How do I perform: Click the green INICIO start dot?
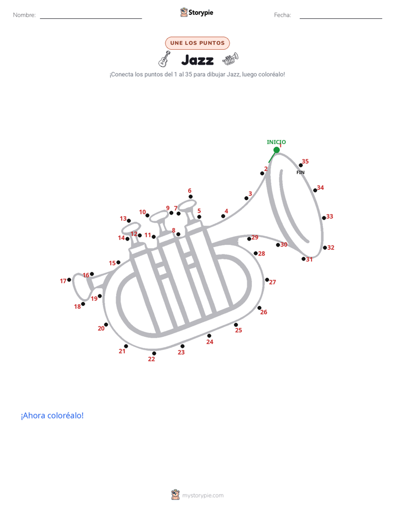[277, 150]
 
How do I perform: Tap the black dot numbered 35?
[300, 165]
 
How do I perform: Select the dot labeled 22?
[154, 353]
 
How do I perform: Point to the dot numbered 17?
[69, 280]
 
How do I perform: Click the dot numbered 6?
[190, 196]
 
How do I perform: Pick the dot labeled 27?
[267, 280]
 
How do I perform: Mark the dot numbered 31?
[303, 259]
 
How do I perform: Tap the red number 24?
[210, 342]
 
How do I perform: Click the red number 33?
[330, 216]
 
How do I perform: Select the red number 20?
[101, 328]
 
